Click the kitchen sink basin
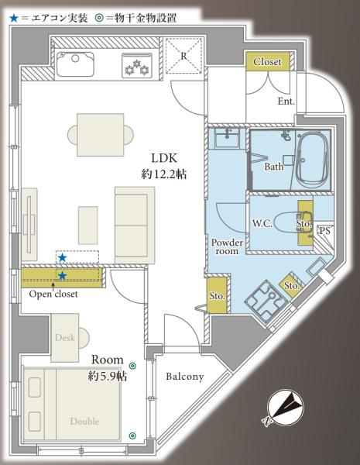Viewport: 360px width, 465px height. click(x=75, y=64)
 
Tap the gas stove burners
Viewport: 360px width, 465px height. click(x=137, y=66)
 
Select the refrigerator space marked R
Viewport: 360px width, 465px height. click(x=184, y=56)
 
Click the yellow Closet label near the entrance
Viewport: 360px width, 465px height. click(x=268, y=62)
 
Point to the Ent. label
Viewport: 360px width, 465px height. click(x=286, y=101)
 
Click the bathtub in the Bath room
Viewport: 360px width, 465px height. click(x=312, y=159)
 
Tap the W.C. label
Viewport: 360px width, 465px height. click(x=262, y=223)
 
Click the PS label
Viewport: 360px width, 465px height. click(x=324, y=230)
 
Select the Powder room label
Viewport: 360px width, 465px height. click(x=227, y=246)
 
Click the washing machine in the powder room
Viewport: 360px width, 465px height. click(x=266, y=298)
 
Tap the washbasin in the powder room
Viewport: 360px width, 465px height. click(x=228, y=138)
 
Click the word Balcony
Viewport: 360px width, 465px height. click(x=185, y=377)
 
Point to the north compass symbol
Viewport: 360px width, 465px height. click(x=286, y=408)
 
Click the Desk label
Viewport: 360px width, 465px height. click(x=65, y=337)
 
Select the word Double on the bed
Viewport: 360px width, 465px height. click(x=84, y=422)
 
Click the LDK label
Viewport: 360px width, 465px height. click(x=164, y=158)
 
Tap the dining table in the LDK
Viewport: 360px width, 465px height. click(x=101, y=135)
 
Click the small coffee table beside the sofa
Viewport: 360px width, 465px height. click(x=88, y=226)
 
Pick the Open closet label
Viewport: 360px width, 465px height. click(x=53, y=294)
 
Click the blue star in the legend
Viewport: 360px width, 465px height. click(x=14, y=19)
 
